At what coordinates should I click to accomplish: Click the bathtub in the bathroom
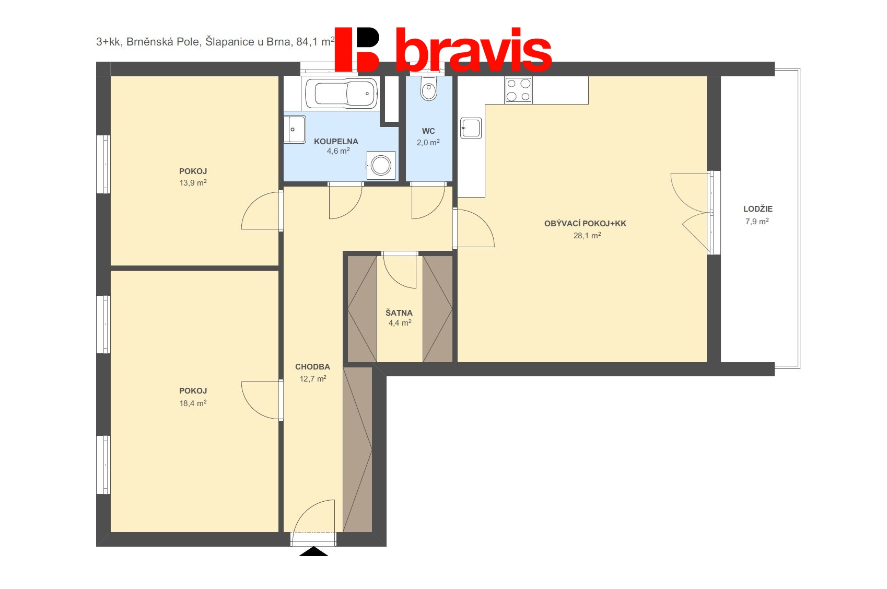click(340, 94)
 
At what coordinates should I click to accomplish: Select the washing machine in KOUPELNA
click(381, 165)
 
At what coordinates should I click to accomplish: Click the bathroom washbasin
click(294, 129)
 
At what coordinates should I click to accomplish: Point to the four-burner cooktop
click(518, 90)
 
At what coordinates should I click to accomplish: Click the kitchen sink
click(471, 128)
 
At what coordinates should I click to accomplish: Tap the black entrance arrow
click(313, 551)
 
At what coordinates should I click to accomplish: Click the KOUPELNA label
click(336, 142)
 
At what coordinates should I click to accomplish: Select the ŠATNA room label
click(399, 313)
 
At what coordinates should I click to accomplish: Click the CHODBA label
click(312, 367)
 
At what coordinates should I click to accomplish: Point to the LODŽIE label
click(758, 209)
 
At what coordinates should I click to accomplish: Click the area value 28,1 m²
click(587, 235)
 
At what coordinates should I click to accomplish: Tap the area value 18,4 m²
click(193, 403)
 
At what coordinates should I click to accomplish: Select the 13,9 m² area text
click(193, 182)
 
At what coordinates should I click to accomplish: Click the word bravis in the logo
click(474, 50)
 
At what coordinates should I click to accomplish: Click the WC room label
click(428, 131)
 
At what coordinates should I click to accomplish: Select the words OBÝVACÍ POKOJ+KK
click(585, 223)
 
